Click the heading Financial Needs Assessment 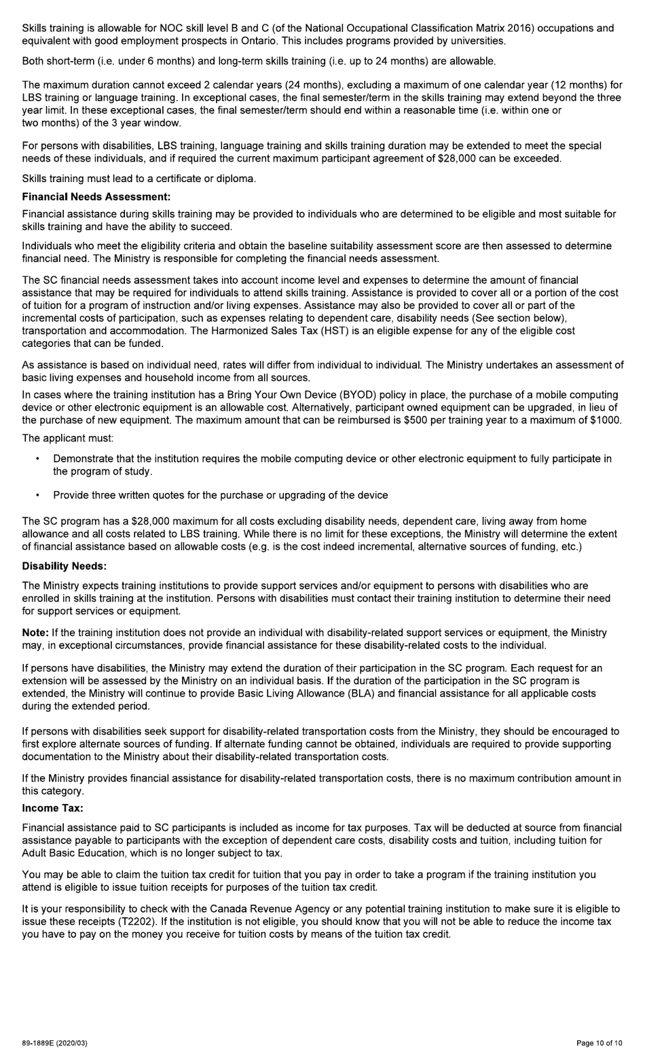[x=96, y=197]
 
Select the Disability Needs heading [x=64, y=566]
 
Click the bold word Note [x=35, y=632]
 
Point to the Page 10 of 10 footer [x=599, y=1042]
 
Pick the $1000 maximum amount [x=607, y=420]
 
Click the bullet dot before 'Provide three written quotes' [x=37, y=495]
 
